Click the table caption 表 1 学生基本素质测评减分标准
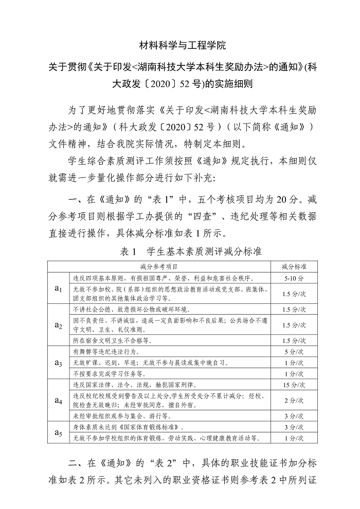[x=191, y=251]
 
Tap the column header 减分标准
[x=294, y=267]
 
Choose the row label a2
[x=58, y=325]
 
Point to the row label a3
[x=58, y=362]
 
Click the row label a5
[x=58, y=432]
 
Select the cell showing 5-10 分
[x=294, y=277]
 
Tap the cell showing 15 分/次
[x=294, y=384]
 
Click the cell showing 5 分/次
[x=294, y=352]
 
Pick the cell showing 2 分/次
[x=294, y=399]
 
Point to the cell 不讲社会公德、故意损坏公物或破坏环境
[x=131, y=310]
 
